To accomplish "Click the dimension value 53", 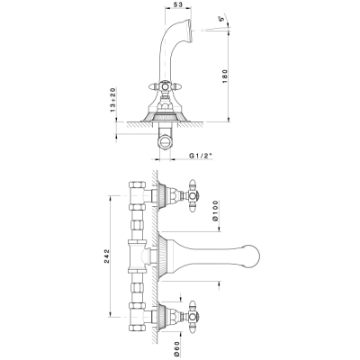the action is pos(178,4).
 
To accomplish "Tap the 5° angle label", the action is pos(222,19).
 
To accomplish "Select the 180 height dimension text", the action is pos(225,76).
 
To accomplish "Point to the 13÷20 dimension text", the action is pos(113,100).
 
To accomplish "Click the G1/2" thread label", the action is pos(201,156).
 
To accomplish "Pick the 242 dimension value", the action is pos(107,256).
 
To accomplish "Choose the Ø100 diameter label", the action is pos(215,211).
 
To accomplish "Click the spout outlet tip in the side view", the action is pos(190,30).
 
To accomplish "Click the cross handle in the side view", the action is pos(165,87).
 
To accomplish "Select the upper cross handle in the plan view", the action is pos(193,196).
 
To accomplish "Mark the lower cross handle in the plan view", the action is pos(193,316).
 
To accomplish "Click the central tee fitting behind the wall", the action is pos(139,256).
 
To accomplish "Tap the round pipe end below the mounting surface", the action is pos(165,141).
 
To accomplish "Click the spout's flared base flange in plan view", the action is pos(164,256).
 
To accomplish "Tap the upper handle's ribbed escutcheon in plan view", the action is pos(163,196).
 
